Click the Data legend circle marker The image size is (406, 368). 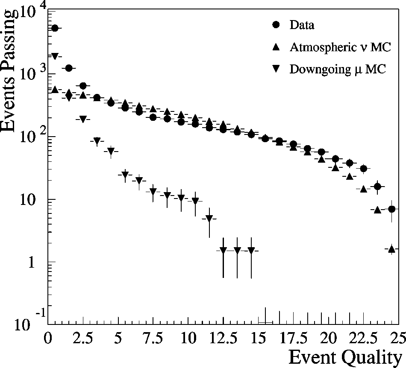point(276,25)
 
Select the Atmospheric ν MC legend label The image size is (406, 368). point(340,47)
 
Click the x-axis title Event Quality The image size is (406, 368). point(345,356)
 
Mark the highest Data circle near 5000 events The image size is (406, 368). point(55,28)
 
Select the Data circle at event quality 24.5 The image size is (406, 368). point(391,209)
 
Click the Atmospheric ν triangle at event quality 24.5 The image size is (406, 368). point(391,249)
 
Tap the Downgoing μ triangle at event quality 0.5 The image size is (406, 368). point(55,56)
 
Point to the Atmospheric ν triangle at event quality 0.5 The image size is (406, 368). point(55,90)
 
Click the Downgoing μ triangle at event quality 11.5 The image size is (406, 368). point(209,219)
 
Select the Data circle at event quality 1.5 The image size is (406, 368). point(68,68)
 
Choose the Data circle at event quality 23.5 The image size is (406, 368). point(378,187)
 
